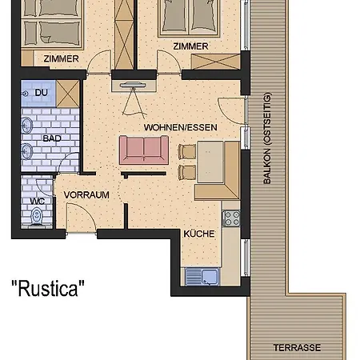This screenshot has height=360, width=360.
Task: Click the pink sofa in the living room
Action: pos(144,150)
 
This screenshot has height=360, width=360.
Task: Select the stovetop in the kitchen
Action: pos(231,218)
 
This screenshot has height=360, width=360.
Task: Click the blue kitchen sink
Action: pos(202,277)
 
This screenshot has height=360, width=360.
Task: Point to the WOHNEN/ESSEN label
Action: pos(181,127)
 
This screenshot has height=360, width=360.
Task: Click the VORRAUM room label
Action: pos(86,195)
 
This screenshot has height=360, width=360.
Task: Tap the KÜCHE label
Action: pos(199,234)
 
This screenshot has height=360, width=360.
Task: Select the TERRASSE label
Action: pos(297,348)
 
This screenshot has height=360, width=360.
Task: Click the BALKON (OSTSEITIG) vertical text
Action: pos(267,138)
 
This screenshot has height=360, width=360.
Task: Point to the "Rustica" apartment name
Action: pos(48,288)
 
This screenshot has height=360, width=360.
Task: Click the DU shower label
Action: pos(42,93)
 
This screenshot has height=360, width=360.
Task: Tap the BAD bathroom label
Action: pos(52,138)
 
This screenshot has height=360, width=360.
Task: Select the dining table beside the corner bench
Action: pos(210,162)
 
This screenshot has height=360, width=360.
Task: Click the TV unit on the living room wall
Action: pos(134,86)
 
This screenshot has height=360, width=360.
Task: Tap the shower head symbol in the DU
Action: pos(26,94)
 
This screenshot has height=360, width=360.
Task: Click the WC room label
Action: pos(38,202)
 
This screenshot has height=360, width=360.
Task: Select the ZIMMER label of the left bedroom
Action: pos(62,58)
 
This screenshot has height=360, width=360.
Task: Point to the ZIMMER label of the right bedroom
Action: pos(190,46)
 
